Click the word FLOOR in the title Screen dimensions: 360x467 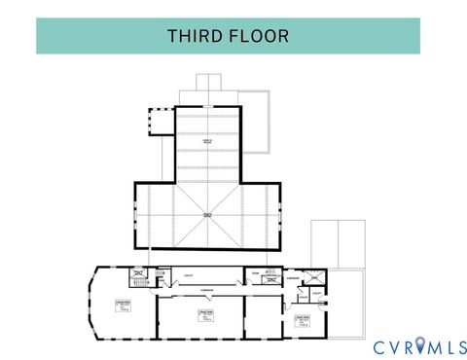point(260,36)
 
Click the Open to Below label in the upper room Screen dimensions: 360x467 point(207,143)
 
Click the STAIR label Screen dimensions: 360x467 point(254,273)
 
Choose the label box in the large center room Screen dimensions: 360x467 point(205,314)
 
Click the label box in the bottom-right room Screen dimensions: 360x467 point(303,320)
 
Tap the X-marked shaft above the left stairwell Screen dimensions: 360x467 point(139,272)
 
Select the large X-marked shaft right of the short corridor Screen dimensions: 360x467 point(310,276)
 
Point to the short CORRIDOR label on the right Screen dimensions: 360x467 point(292,276)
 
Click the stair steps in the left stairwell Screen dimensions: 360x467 point(137,283)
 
